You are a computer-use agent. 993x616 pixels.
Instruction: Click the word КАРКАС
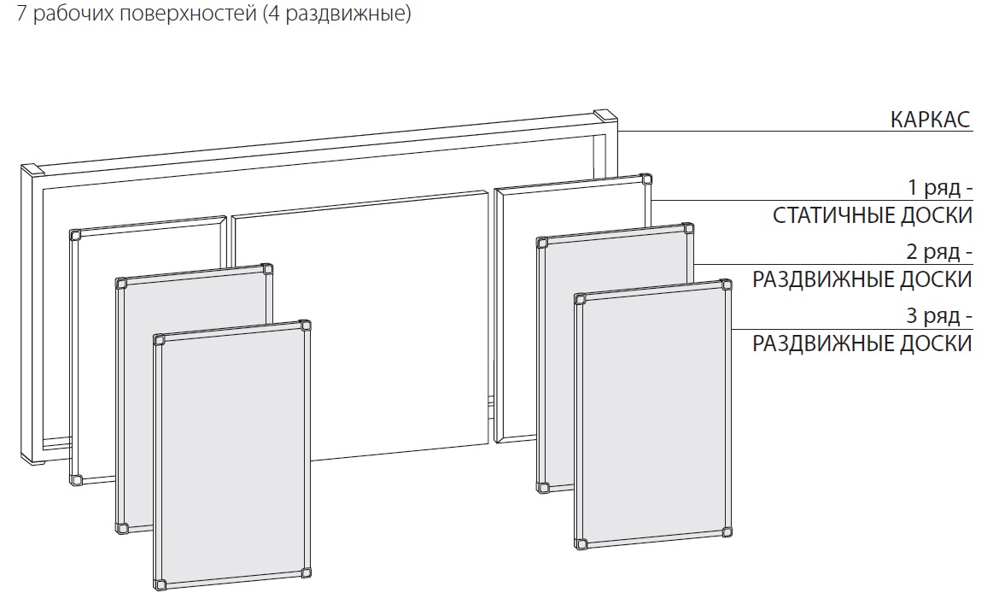930,119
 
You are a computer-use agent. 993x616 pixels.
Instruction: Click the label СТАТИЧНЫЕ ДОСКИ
872,215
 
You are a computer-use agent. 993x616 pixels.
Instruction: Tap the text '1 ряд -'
940,188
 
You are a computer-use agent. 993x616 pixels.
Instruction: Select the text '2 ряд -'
939,251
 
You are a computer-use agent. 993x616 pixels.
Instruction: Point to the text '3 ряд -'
939,315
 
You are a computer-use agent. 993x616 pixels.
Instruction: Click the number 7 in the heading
21,13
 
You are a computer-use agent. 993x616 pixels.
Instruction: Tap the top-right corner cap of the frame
605,117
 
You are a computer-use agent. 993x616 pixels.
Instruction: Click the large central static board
359,326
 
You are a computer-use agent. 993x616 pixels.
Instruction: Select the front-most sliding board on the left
232,455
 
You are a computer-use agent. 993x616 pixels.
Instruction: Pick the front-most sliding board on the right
653,414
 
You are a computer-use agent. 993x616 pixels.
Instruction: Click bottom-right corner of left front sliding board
306,573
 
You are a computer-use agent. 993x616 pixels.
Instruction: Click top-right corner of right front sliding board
727,285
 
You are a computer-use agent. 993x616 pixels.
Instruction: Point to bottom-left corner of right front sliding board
581,543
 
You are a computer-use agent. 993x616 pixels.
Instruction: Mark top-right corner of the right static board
646,179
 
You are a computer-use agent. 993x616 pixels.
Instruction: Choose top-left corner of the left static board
75,236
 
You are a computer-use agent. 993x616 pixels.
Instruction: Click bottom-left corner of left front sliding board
160,584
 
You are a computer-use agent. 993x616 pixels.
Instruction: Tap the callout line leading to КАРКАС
796,132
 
